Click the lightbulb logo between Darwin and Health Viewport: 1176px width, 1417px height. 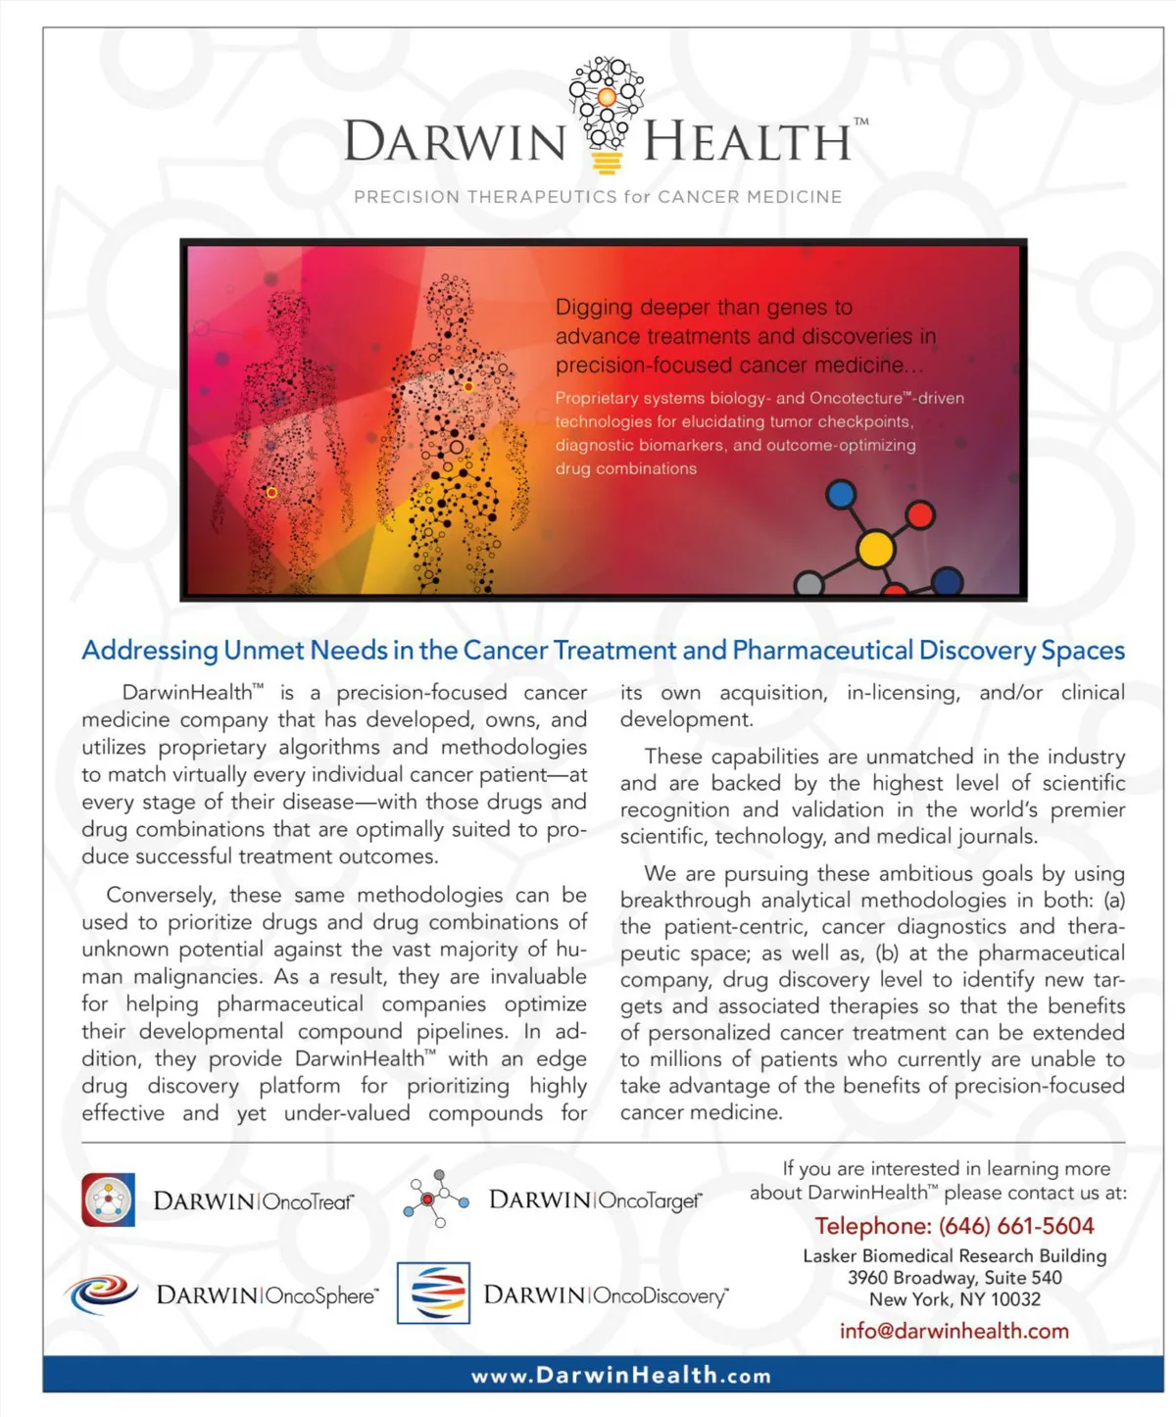(606, 113)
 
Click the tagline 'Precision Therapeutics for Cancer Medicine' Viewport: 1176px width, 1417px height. (598, 197)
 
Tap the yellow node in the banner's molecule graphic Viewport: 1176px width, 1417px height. (875, 550)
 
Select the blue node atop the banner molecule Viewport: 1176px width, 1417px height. (841, 494)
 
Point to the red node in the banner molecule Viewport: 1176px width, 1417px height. (920, 513)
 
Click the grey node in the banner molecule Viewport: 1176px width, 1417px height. (808, 585)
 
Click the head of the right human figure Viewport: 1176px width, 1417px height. (449, 298)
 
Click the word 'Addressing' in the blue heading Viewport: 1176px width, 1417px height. (150, 651)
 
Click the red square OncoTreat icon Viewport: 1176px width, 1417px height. (108, 1199)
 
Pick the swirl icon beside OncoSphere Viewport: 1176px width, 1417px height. (103, 1294)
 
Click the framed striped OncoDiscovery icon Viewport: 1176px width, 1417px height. (433, 1294)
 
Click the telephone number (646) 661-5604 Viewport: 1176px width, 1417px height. (1016, 1226)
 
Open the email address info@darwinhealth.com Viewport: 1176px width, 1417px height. (954, 1331)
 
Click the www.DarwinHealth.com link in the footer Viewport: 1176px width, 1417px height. (621, 1375)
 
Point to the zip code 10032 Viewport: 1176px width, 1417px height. (1015, 1299)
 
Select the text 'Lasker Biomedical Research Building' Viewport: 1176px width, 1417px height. (954, 1255)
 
